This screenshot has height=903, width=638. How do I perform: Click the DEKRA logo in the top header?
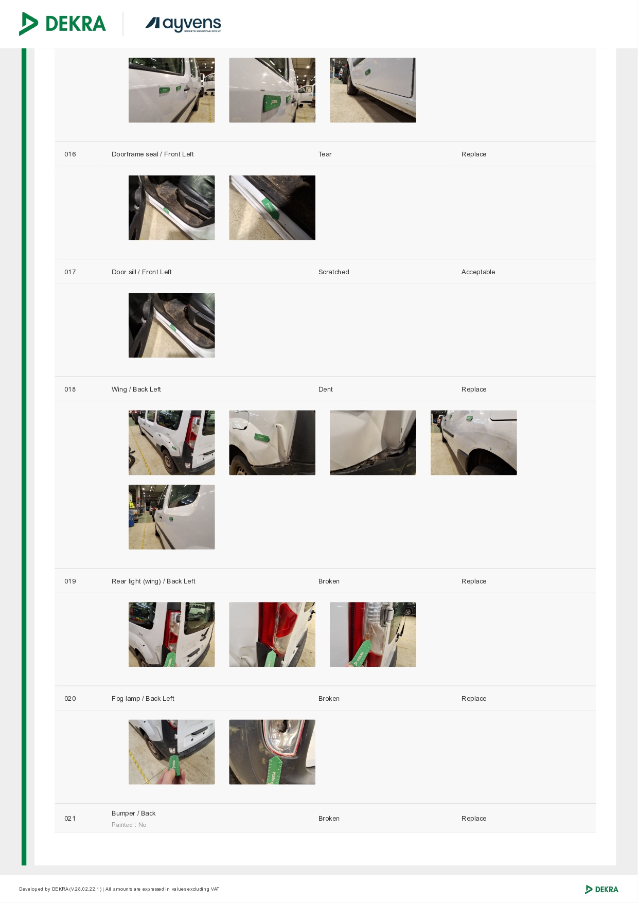(62, 24)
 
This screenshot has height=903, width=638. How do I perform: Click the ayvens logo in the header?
(183, 24)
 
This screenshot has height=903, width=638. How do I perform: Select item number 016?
(70, 154)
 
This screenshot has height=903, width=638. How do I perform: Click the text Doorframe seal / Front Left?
(153, 154)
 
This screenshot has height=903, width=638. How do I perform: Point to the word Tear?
(325, 154)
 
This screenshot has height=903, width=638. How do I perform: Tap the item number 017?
(70, 272)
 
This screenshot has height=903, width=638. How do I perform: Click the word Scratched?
(334, 272)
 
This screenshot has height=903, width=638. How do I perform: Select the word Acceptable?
(478, 272)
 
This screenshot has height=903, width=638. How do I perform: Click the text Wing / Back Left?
(136, 389)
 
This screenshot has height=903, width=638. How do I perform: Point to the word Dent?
(326, 389)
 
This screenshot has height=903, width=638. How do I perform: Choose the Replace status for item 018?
(474, 389)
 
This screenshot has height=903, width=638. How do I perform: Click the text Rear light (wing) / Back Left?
(153, 581)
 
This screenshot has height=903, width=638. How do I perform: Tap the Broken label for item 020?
(329, 699)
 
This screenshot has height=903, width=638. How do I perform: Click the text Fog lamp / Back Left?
(143, 699)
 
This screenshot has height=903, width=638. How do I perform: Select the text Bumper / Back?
(134, 813)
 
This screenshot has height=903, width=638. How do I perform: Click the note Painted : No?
(129, 825)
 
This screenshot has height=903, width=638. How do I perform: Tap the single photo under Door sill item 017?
(172, 325)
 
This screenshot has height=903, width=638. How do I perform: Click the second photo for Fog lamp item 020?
(272, 752)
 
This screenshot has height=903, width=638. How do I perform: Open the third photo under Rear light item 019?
(373, 634)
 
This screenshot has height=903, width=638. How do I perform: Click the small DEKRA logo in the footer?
(602, 889)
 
